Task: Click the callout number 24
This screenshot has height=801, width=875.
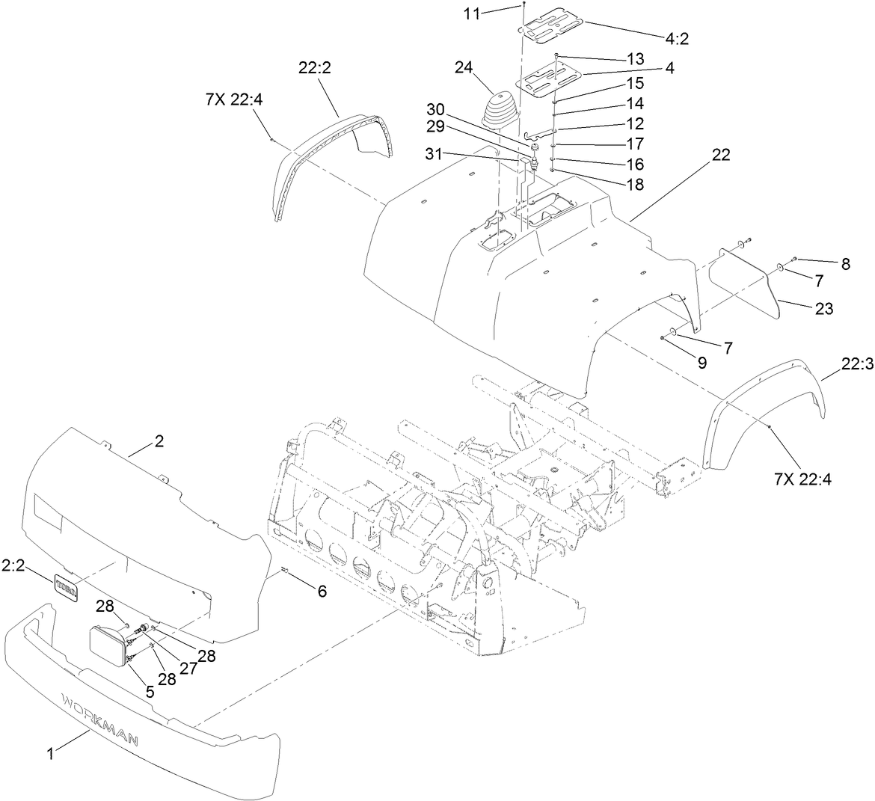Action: [x=463, y=67]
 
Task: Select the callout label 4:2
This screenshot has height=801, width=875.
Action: [x=675, y=40]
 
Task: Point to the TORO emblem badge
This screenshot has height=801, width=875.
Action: [x=65, y=583]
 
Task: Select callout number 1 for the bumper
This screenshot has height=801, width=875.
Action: [x=51, y=755]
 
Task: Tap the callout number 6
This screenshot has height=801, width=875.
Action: [x=322, y=591]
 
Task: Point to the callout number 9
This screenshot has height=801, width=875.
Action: [x=701, y=363]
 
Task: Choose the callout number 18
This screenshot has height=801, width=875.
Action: [x=634, y=185]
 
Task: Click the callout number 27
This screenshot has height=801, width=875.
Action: [x=187, y=668]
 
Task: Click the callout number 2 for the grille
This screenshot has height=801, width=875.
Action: [x=158, y=442]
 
